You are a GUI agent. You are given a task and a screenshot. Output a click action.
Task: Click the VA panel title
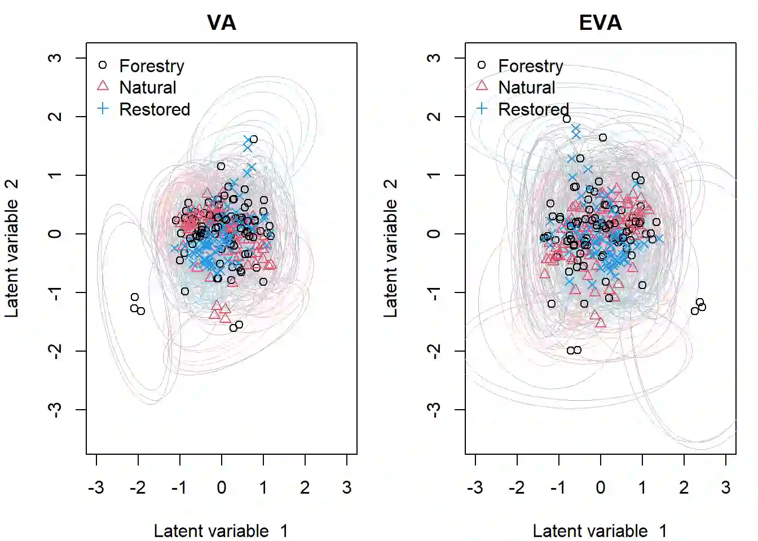click(221, 23)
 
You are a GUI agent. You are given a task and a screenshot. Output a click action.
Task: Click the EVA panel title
click(600, 23)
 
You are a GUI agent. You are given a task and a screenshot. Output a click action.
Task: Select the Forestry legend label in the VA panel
click(152, 66)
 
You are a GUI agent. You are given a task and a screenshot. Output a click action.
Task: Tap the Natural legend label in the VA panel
click(148, 87)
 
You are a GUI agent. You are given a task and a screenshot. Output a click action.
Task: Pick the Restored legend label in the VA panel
click(155, 109)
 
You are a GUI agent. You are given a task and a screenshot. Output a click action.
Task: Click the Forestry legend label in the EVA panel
click(531, 66)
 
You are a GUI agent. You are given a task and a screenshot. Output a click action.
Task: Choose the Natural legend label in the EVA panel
click(527, 87)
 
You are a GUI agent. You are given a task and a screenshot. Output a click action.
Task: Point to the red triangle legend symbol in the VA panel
click(103, 86)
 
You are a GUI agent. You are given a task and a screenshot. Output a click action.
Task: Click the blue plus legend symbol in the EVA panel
click(482, 109)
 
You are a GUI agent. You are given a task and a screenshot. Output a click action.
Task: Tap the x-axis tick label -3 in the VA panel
click(96, 487)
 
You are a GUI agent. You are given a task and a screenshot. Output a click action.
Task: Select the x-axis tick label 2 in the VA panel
click(305, 487)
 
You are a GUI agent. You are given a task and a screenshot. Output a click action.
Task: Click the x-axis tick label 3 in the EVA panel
click(726, 487)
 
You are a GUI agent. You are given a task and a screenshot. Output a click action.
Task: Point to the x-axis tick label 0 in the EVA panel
click(600, 487)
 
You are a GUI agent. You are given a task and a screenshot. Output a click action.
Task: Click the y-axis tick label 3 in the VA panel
click(55, 58)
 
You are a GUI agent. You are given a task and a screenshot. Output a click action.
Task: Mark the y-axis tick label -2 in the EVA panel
click(434, 351)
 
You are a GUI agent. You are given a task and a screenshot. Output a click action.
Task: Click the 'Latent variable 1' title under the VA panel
click(221, 531)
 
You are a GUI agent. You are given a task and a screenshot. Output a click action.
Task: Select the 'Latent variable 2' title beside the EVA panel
click(390, 248)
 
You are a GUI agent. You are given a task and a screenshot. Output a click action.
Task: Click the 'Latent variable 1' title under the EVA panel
click(600, 531)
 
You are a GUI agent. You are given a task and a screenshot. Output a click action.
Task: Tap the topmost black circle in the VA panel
click(254, 139)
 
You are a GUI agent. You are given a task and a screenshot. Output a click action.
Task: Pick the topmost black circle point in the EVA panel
click(567, 119)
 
